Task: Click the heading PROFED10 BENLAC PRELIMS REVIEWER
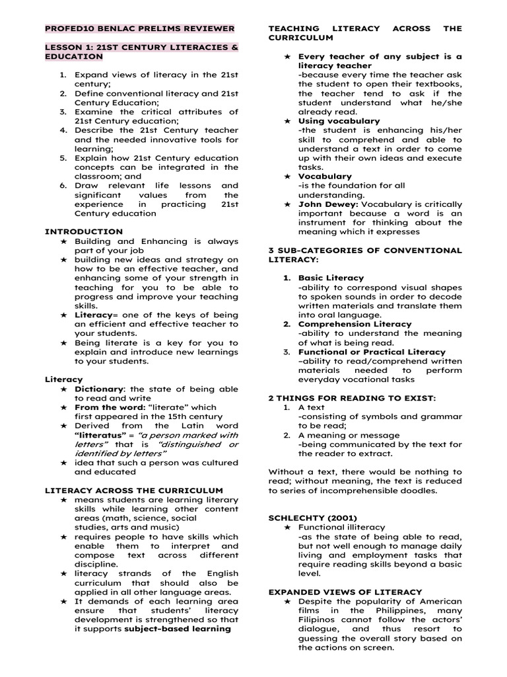coord(139,28)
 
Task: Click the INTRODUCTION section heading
coord(83,231)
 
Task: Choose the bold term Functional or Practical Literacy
coord(372,352)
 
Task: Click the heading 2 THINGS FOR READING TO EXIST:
coord(352,398)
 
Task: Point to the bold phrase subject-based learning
coord(178,629)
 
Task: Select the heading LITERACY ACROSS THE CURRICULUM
coord(133,491)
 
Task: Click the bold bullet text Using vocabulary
coord(339,121)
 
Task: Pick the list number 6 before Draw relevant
coord(63,186)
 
